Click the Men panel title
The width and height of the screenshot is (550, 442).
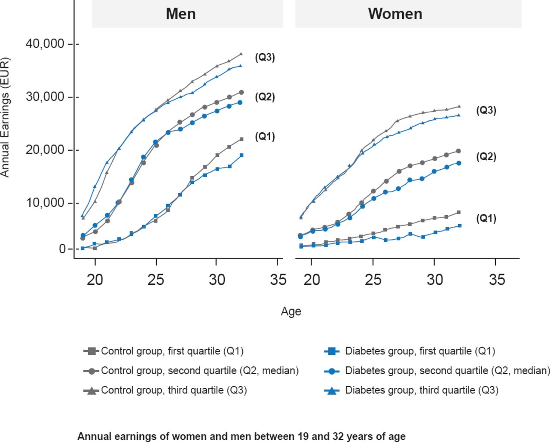pos(181,14)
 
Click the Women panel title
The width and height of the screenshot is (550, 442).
pos(395,14)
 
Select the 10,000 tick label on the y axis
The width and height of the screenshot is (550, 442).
pos(44,202)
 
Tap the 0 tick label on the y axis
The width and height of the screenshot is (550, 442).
pos(62,249)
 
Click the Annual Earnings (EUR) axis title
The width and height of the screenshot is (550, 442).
pos(5,117)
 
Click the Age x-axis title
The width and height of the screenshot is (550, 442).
pos(291,311)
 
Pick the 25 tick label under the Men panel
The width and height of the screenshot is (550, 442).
pos(156,280)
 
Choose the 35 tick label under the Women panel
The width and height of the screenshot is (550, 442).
pos(497,280)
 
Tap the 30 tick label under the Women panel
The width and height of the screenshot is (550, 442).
pos(435,280)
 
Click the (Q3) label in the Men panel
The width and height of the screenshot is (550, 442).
pos(265,57)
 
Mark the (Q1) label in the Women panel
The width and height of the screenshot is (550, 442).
pos(486,218)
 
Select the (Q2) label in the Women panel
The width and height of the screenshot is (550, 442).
pos(486,156)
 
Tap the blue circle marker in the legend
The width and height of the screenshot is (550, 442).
pos(331,371)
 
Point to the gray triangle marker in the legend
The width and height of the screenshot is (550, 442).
pos(92,390)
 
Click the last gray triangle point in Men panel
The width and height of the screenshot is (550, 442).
pos(241,54)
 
